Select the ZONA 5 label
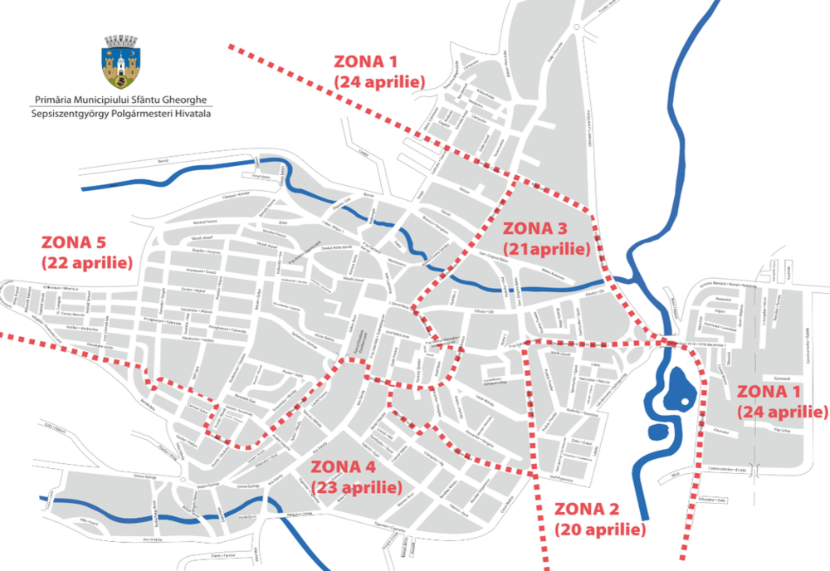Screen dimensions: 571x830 pos(74,243)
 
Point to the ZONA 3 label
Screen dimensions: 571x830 pos(535,228)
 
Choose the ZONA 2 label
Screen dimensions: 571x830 pos(586,510)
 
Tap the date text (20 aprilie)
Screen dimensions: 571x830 pos(599,529)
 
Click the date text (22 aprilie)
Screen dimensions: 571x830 pos(87,262)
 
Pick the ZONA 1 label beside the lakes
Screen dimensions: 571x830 pos(770,392)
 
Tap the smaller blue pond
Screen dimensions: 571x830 pos(656,432)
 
